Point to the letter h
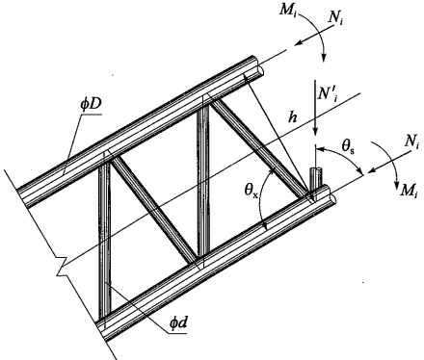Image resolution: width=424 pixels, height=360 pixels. (292, 117)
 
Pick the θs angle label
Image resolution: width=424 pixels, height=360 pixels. (348, 147)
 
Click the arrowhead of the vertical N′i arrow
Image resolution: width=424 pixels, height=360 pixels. (316, 130)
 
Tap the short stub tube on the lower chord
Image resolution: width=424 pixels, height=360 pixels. (316, 179)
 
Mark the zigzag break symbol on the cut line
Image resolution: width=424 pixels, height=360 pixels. (61, 267)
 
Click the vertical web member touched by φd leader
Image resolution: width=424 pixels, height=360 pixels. (105, 240)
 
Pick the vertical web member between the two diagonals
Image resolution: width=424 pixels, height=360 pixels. (203, 181)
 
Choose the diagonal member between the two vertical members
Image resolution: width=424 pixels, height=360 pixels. (154, 209)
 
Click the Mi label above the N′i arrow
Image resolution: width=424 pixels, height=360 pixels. (286, 11)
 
